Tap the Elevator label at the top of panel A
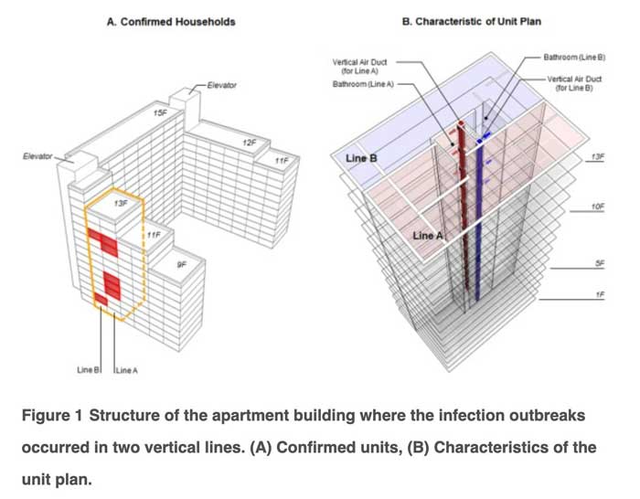click(221, 85)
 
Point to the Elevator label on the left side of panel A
click(37, 156)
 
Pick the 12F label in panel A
click(249, 143)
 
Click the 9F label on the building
click(181, 264)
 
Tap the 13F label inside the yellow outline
click(121, 203)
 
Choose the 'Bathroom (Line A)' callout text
click(364, 83)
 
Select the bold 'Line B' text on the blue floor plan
click(363, 158)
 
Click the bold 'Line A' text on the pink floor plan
click(428, 236)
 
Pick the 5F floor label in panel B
click(599, 263)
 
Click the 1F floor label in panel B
click(599, 295)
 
